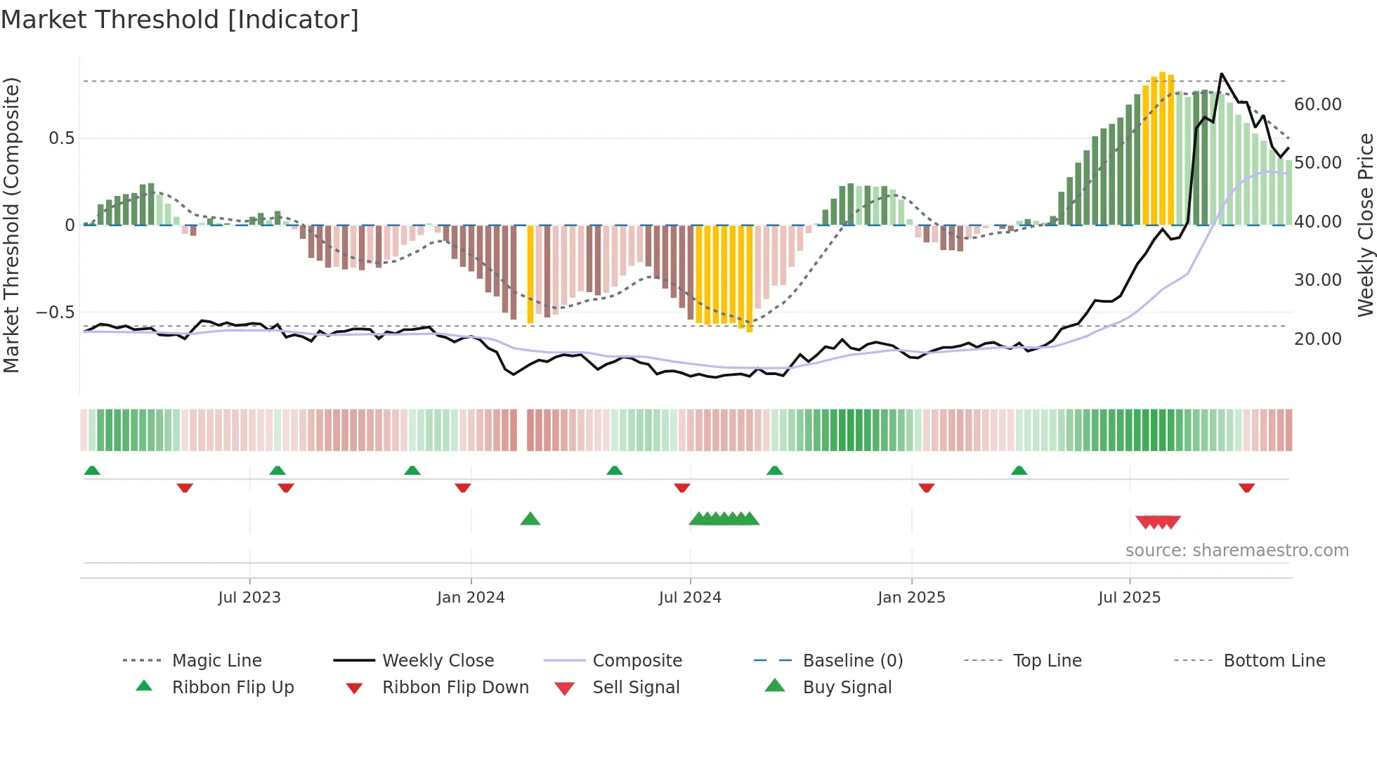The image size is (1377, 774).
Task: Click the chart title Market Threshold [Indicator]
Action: click(x=180, y=20)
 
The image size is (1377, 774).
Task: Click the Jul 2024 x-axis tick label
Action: click(x=690, y=598)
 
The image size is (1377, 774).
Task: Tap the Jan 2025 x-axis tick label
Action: click(x=911, y=598)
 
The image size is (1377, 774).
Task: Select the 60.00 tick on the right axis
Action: click(x=1317, y=105)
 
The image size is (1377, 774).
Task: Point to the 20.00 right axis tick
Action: click(x=1317, y=339)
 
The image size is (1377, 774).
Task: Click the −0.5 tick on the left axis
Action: click(x=55, y=313)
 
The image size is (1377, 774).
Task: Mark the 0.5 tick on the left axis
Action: click(x=61, y=138)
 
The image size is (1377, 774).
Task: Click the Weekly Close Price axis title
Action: click(x=1365, y=225)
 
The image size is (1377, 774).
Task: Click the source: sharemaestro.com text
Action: click(x=1236, y=551)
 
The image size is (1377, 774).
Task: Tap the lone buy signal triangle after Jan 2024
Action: click(x=530, y=519)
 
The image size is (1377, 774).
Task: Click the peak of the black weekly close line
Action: click(x=1222, y=74)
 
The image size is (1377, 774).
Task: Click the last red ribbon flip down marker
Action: click(x=1246, y=487)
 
